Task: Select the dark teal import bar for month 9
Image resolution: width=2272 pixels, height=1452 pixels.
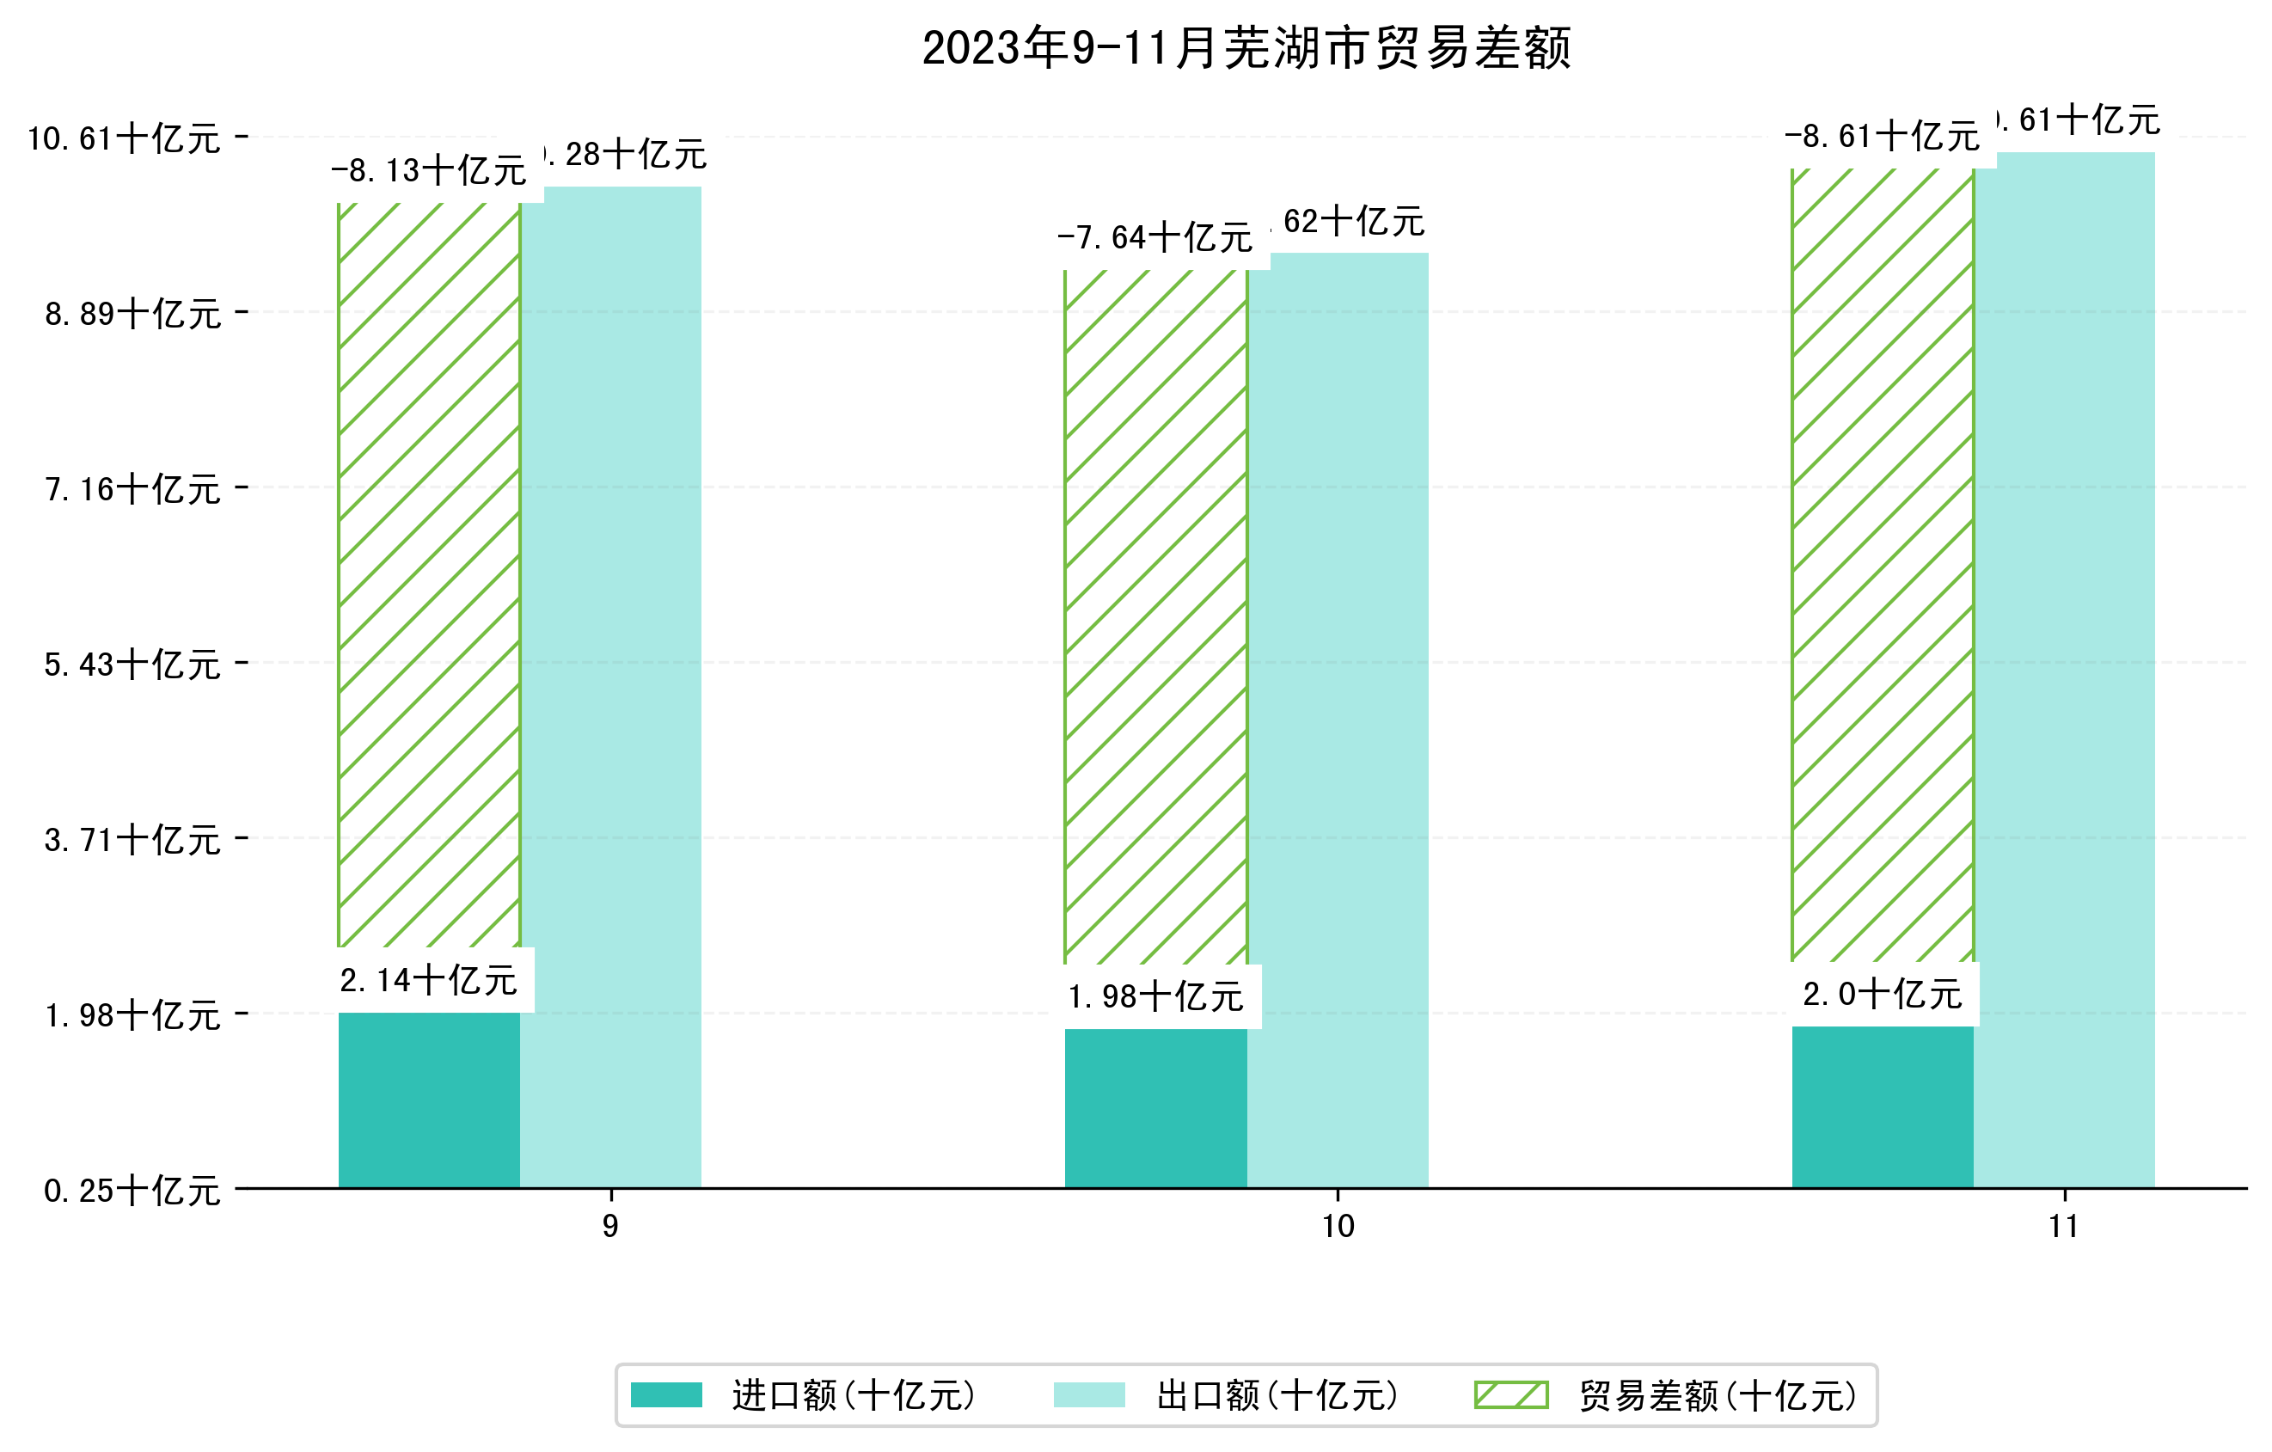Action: [x=428, y=1100]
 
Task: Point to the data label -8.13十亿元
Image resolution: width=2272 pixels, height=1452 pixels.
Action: [x=428, y=171]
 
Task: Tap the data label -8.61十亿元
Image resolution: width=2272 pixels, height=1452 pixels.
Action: [x=1882, y=137]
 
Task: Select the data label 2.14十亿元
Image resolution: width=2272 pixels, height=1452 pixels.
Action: [x=428, y=980]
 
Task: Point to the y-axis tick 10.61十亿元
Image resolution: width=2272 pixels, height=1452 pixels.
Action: [x=124, y=138]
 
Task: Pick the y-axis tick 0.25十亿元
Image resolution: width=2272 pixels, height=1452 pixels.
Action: [x=132, y=1191]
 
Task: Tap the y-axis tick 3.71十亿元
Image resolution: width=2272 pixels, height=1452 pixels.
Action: [x=132, y=840]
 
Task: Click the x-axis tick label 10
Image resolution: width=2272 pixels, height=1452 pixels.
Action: [x=1337, y=1227]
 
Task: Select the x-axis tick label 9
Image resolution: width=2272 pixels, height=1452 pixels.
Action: [x=610, y=1227]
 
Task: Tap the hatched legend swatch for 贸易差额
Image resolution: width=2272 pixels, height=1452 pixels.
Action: [x=1510, y=1394]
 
